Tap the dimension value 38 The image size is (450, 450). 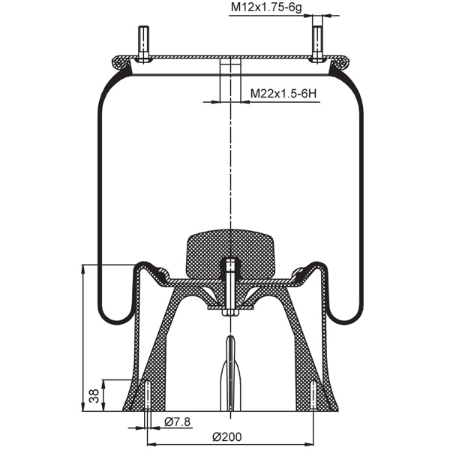click(x=94, y=396)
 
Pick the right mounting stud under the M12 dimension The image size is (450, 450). click(x=317, y=43)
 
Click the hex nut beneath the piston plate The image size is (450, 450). click(x=230, y=311)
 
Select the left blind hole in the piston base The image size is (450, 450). click(x=147, y=396)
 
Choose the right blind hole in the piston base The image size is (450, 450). click(x=313, y=396)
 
